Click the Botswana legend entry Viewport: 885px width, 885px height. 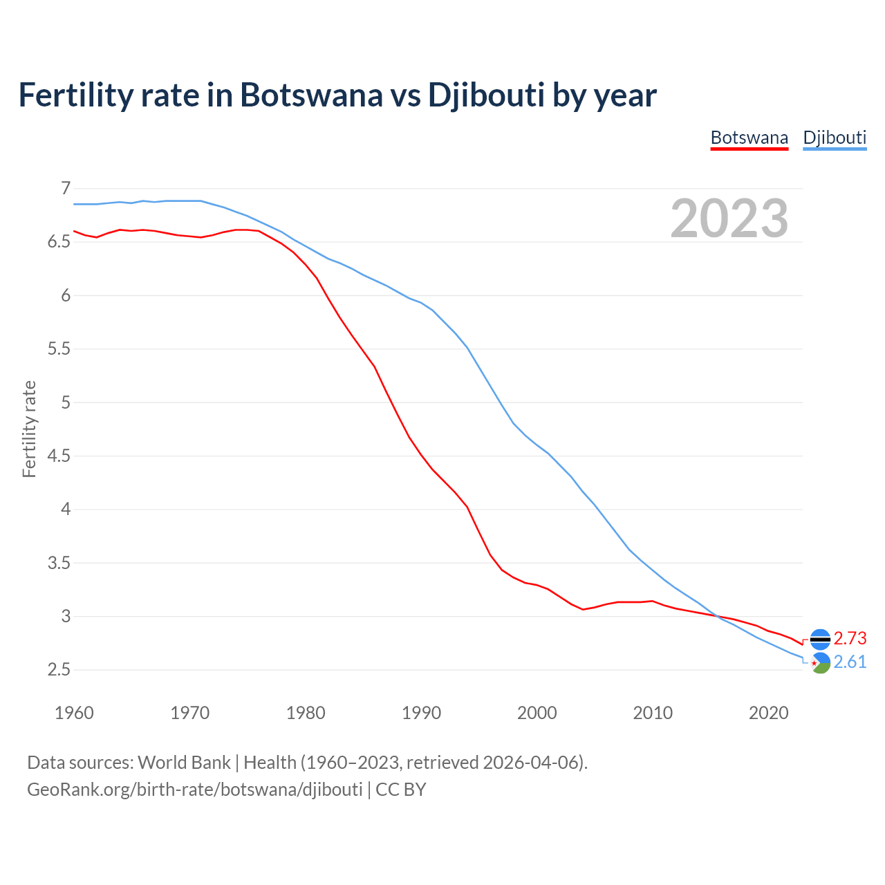(749, 138)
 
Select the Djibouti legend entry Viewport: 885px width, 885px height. (835, 138)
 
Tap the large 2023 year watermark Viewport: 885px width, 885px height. (729, 218)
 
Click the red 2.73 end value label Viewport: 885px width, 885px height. (850, 638)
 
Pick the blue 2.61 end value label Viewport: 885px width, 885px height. (850, 662)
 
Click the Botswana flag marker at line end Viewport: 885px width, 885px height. (820, 640)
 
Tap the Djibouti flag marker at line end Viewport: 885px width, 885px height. (820, 663)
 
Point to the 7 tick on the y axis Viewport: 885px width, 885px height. (66, 188)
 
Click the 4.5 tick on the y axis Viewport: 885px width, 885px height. (59, 456)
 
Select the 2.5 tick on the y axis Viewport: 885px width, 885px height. (59, 670)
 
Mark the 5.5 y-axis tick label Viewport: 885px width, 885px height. (59, 349)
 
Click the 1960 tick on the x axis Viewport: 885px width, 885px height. (74, 713)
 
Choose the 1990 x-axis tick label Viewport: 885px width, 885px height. (421, 713)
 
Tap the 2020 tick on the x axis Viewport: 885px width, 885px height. (768, 713)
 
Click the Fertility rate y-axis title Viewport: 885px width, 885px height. (29, 429)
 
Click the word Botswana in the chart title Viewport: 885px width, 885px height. (311, 95)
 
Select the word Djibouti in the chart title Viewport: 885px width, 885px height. (486, 95)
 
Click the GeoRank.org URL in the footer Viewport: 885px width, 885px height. (194, 789)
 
